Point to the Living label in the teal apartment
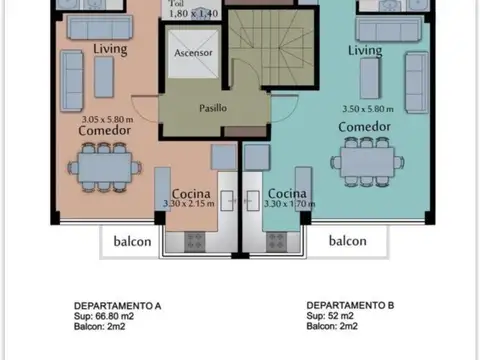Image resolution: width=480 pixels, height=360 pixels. click(365, 50)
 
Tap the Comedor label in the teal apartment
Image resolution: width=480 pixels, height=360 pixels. click(363, 128)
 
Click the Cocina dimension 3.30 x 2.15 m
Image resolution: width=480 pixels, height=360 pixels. click(190, 205)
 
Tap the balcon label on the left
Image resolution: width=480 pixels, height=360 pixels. click(131, 241)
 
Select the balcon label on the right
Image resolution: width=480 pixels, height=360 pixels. click(347, 241)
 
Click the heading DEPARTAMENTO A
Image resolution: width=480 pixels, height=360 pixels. click(118, 305)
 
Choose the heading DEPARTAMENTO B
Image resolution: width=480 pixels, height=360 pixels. click(349, 305)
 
